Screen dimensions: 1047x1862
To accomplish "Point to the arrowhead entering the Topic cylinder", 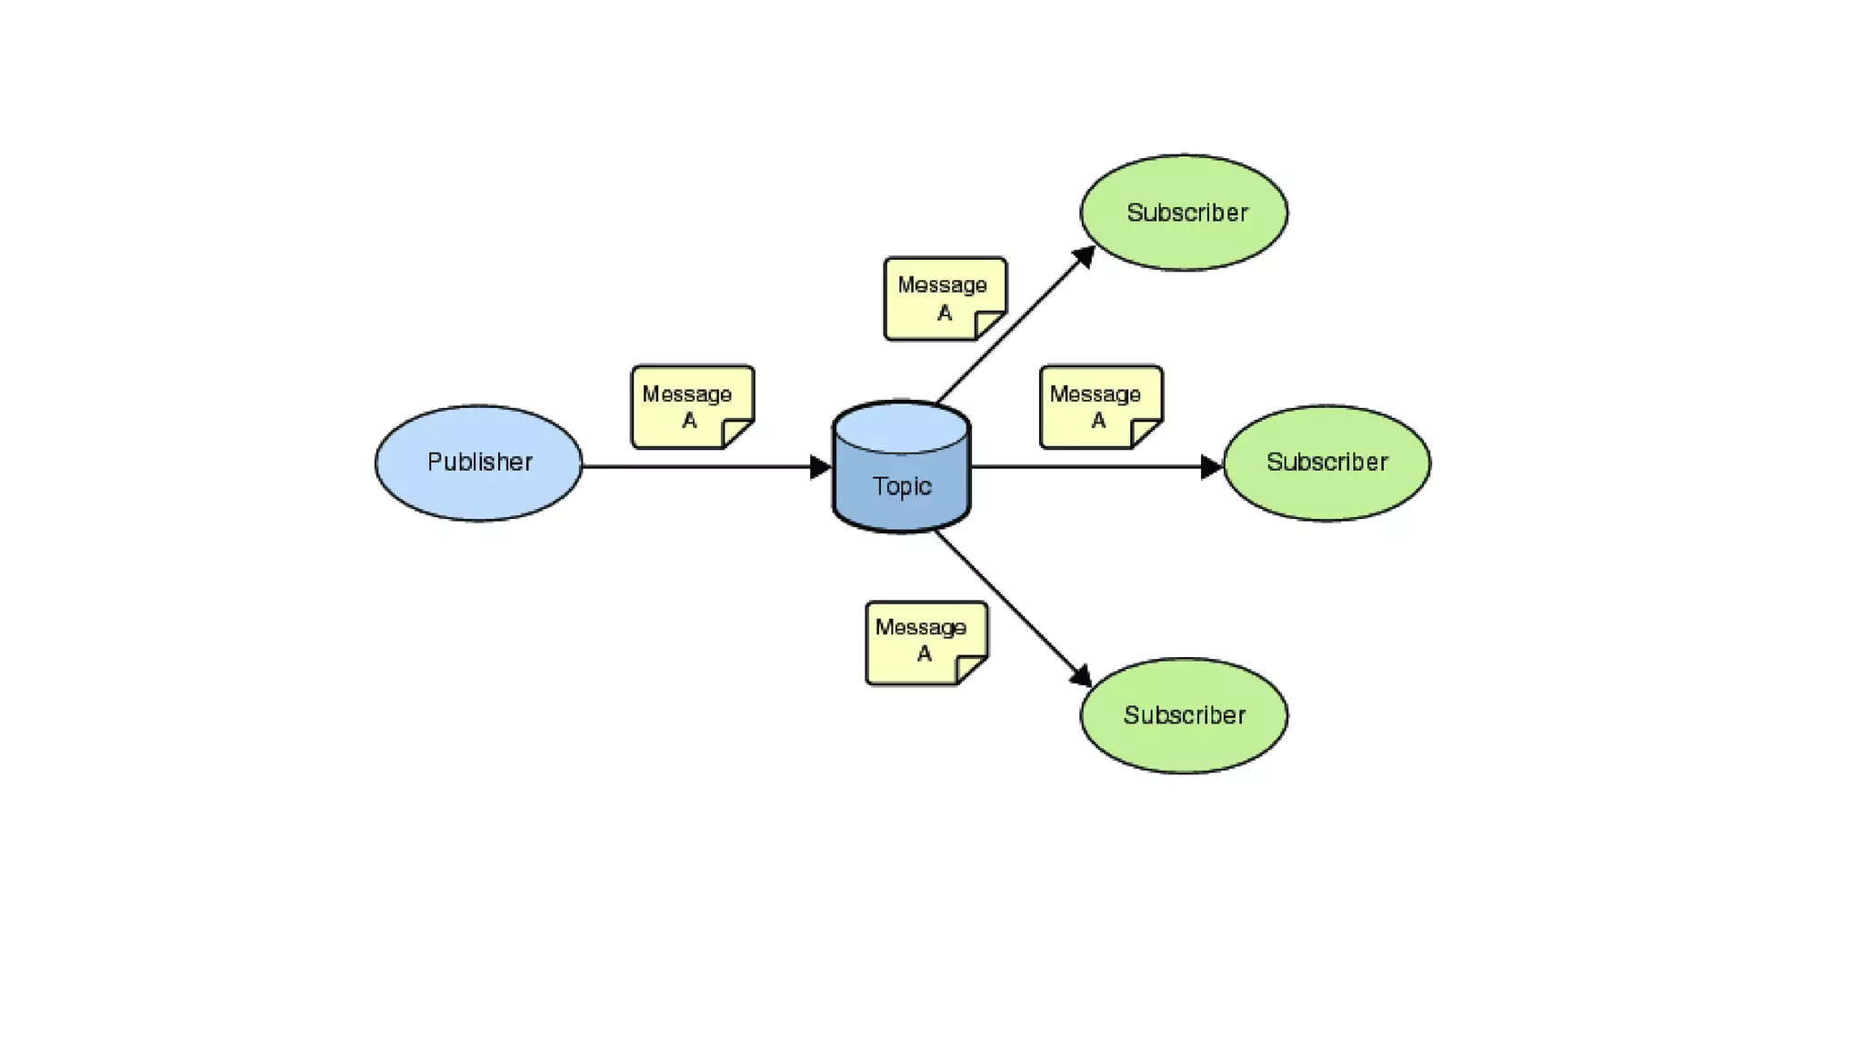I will pos(820,467).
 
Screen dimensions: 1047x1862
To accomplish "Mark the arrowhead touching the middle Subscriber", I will pos(1211,467).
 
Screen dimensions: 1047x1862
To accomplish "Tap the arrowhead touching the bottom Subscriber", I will pos(1081,676).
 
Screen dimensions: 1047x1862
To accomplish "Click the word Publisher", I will pos(479,462).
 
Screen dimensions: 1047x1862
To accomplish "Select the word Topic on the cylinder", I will pos(901,486).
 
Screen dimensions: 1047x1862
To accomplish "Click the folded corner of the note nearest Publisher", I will pos(738,433).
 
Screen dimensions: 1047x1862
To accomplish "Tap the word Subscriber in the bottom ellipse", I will pos(1184,715).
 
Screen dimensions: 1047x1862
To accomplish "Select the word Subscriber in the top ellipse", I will pos(1186,213).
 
